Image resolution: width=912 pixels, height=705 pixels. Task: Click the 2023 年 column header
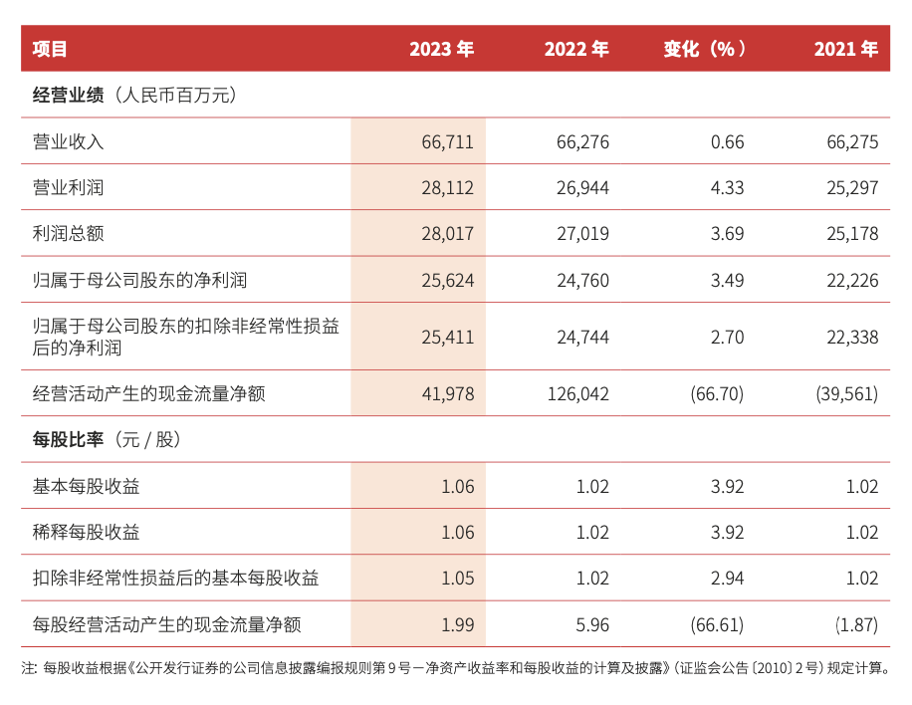441,49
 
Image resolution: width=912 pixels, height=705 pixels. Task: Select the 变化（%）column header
705,49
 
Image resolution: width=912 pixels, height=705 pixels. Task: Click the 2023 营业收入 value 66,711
448,142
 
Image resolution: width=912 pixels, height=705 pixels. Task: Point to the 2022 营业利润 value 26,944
582,188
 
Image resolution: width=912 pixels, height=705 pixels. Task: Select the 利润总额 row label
68,234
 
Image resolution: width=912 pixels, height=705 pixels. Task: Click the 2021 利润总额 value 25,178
852,234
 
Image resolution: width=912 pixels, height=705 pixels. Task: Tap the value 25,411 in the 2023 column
448,338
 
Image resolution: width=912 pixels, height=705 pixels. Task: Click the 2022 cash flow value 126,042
577,394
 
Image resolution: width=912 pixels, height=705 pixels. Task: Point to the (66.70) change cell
717,394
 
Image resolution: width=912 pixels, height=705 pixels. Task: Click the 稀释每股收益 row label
86,533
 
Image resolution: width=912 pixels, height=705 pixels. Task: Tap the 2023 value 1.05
457,579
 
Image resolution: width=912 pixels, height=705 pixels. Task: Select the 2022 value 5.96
592,625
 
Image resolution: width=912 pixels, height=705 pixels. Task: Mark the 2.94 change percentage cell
727,579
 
